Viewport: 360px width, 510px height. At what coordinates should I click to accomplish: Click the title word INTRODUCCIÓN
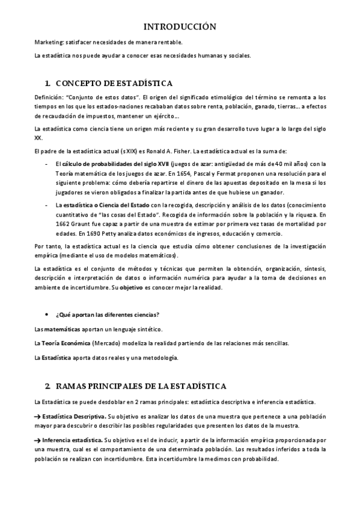tap(180, 26)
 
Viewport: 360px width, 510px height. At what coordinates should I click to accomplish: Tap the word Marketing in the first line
tap(49, 42)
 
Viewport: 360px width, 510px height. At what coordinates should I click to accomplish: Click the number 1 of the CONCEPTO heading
tap(47, 82)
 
